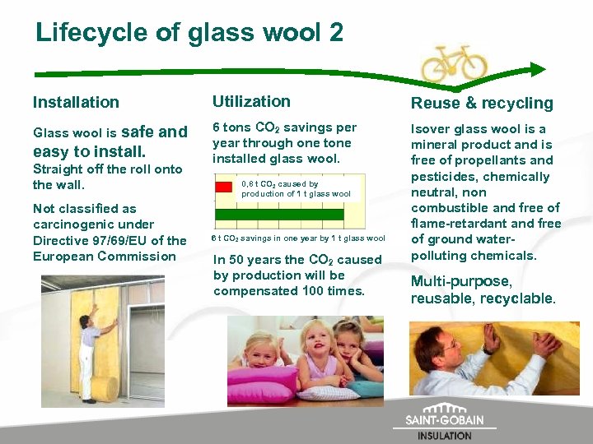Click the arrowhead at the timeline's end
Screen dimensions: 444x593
tap(538, 70)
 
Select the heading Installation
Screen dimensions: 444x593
tap(76, 102)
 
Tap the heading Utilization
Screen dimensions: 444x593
tap(251, 101)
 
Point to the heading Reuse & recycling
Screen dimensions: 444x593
tap(482, 103)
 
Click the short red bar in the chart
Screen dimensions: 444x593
tap(223, 187)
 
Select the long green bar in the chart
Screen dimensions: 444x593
tap(278, 215)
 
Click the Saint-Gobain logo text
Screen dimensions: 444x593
tap(444, 419)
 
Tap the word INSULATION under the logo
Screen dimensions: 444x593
tap(445, 436)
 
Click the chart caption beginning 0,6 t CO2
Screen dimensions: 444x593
tap(296, 189)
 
